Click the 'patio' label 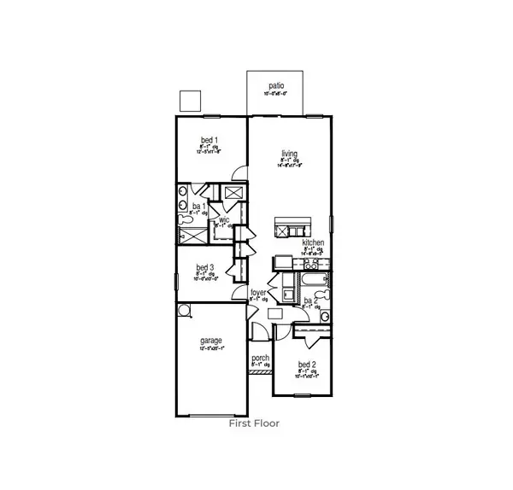tap(275, 85)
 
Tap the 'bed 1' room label tap(209, 139)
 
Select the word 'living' tap(289, 154)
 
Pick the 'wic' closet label tap(224, 219)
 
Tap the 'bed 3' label tap(204, 266)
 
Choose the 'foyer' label tap(258, 292)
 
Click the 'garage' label tap(212, 339)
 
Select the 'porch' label tap(260, 359)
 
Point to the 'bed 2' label tap(307, 365)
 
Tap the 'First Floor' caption tap(255, 422)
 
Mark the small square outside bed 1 tap(189, 100)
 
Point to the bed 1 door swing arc tap(239, 172)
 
